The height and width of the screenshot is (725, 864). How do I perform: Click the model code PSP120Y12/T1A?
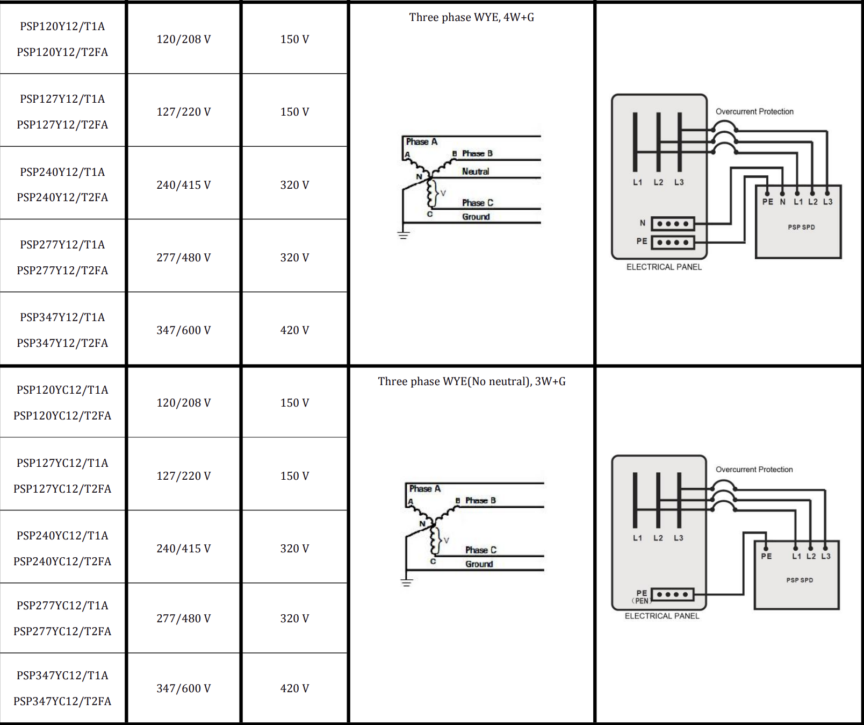coord(62,26)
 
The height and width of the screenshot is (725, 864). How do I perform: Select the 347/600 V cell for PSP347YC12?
coord(183,688)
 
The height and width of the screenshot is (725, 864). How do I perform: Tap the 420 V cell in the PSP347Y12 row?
coord(294,330)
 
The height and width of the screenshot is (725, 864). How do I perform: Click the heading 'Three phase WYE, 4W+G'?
coord(471,17)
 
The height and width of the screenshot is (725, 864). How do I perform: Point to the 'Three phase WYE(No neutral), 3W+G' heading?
coord(471,381)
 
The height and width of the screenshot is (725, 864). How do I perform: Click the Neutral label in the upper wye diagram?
coord(475,172)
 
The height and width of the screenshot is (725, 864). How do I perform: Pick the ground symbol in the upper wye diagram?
coord(404,234)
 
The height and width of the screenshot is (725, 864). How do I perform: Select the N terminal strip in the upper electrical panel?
coord(673,224)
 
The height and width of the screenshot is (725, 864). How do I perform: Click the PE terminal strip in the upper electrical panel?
coord(673,243)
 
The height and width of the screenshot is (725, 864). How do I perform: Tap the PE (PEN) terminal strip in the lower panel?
coord(672,594)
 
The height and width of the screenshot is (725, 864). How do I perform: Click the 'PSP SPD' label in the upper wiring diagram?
coord(801,227)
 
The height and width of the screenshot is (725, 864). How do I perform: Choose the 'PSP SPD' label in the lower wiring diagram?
coord(800,580)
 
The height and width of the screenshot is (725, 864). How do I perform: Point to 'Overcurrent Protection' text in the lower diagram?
coord(754,470)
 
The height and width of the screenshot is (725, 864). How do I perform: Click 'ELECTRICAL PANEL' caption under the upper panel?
coord(664,267)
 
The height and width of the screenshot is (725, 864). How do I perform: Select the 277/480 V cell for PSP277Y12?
coord(183,258)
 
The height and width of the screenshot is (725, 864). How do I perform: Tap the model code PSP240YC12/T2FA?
coord(62,561)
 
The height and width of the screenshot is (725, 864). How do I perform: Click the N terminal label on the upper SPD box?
coord(782,202)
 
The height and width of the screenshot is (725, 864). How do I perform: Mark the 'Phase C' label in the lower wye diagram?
coord(480,550)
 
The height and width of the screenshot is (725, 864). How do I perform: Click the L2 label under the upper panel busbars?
coord(658,182)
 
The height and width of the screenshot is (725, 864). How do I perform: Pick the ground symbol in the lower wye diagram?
coord(407,582)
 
